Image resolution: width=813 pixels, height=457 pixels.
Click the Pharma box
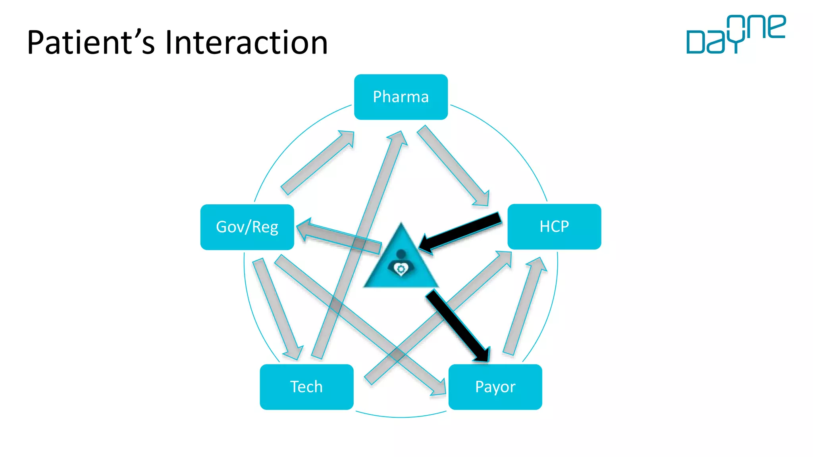coord(401,97)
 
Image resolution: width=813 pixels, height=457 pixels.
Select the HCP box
coord(554,227)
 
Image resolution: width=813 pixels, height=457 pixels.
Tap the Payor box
coord(495,387)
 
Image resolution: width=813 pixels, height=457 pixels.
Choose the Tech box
coord(306,387)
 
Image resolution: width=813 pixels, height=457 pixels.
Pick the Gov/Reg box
coord(247,227)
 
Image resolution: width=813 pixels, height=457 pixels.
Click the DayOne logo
coord(736,35)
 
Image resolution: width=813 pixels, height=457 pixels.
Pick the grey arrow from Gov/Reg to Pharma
coord(318,163)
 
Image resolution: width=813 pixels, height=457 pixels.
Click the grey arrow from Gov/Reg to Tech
coord(278,309)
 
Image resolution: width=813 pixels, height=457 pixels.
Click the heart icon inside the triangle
coord(401,269)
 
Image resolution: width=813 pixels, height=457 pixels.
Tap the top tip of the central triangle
coord(401,225)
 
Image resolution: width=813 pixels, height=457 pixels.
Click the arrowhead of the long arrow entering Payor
coord(439,388)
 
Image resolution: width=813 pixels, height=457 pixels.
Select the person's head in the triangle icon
coord(401,253)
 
